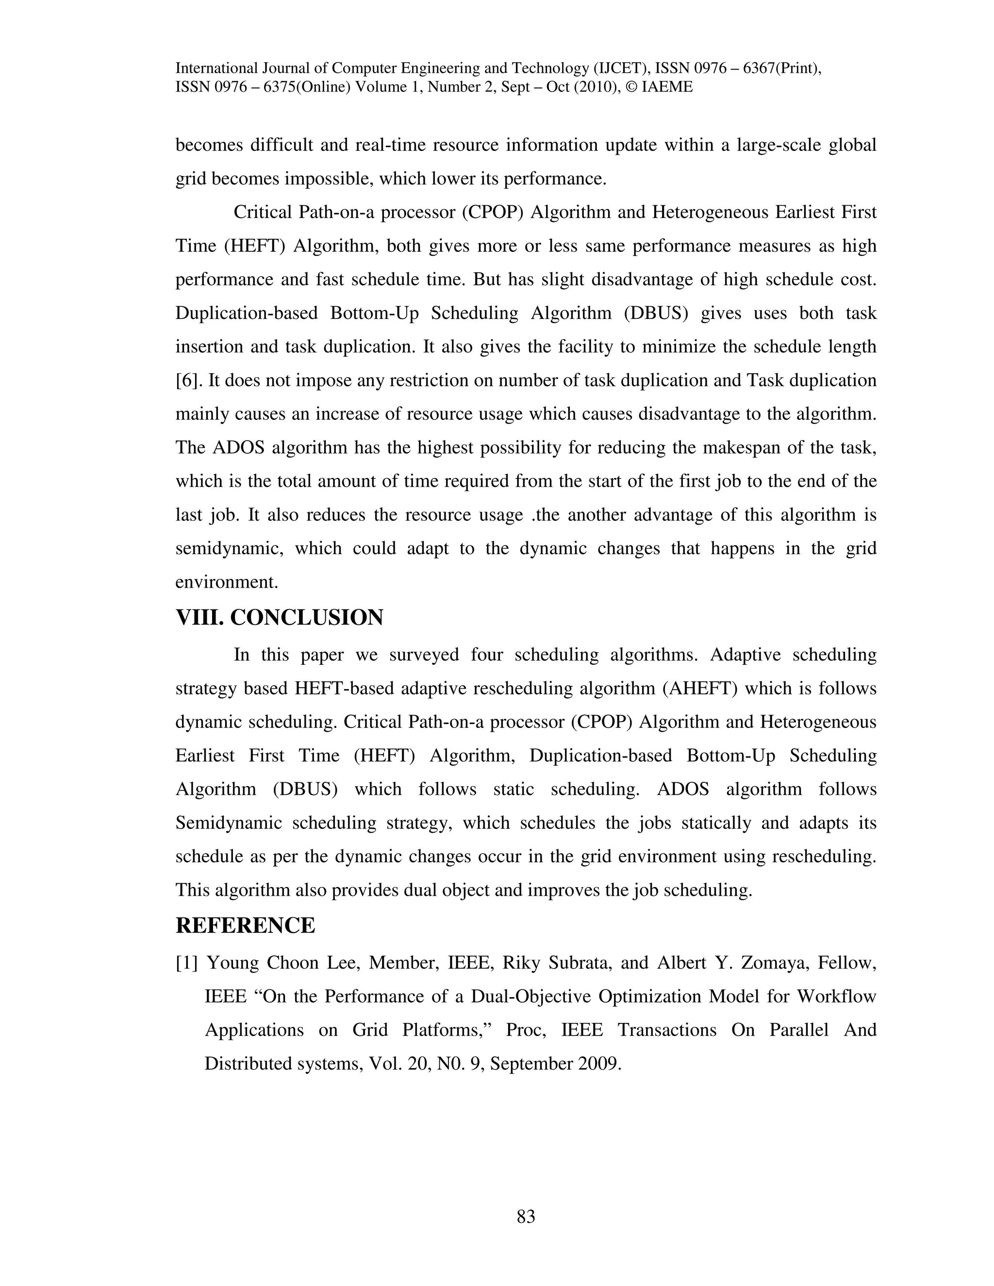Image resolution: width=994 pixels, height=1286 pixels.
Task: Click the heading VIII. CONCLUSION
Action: click(279, 618)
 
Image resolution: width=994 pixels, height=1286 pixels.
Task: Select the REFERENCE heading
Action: click(245, 925)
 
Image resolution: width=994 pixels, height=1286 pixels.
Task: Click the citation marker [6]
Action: click(188, 380)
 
